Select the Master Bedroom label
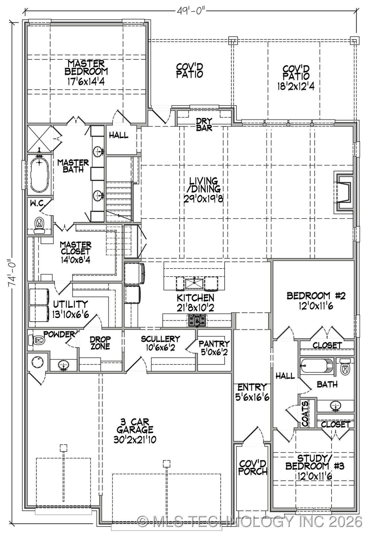[x=86, y=68]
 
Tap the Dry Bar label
[x=204, y=124]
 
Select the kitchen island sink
[x=194, y=283]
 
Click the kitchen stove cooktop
[x=197, y=321]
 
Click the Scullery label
[x=160, y=339]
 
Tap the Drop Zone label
[x=100, y=343]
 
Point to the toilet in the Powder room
[x=36, y=340]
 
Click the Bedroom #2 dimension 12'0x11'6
[x=316, y=306]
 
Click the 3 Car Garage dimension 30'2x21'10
[x=135, y=440]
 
